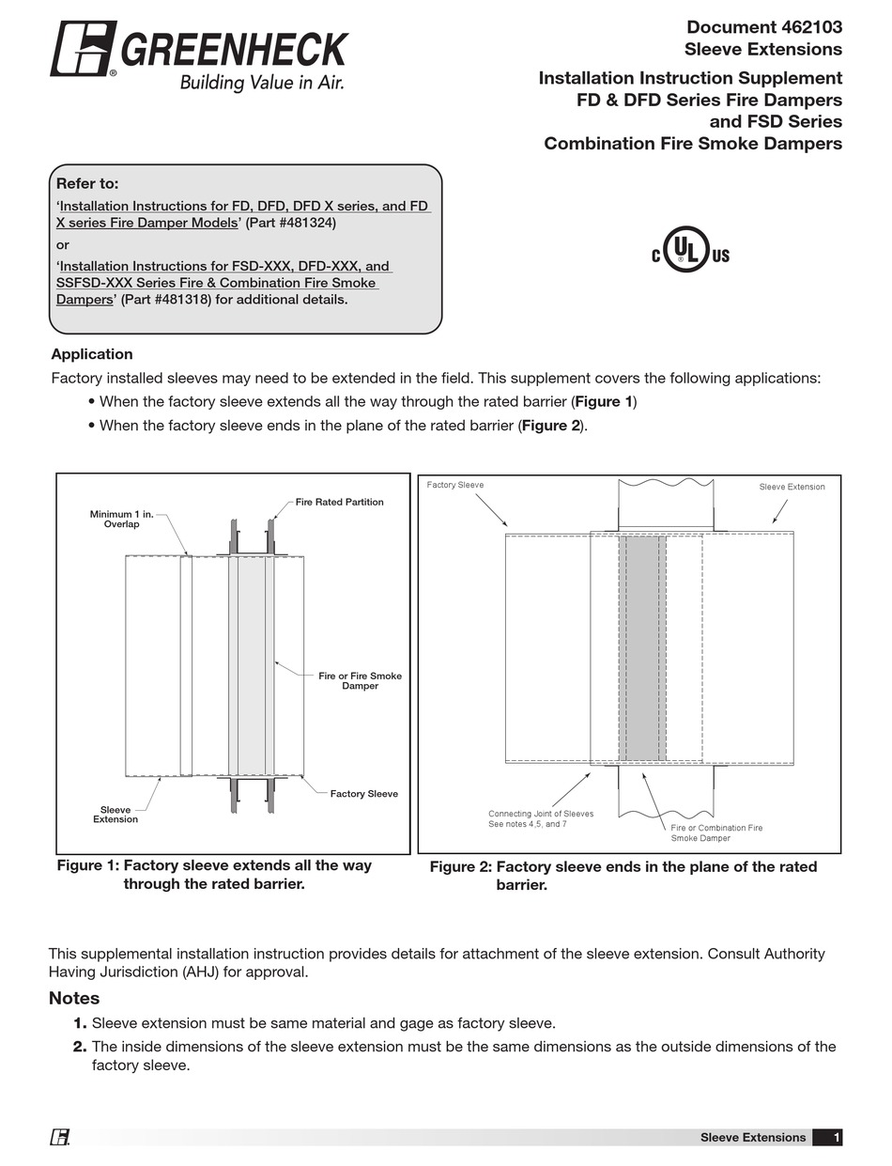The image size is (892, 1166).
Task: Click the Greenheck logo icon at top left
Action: [83, 49]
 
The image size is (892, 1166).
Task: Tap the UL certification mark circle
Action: [685, 250]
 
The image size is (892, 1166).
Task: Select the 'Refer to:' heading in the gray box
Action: [87, 184]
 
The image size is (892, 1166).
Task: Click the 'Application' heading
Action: [92, 354]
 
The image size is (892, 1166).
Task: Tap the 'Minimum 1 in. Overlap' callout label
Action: [121, 520]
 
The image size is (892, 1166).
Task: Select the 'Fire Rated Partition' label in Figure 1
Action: [339, 502]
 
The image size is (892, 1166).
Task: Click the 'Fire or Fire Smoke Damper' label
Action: [360, 681]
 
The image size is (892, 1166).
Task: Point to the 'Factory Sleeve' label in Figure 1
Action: [363, 794]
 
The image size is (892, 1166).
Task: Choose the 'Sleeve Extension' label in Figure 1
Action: [115, 815]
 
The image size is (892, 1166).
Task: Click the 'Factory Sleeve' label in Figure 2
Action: [455, 486]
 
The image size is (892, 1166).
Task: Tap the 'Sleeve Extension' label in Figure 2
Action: [792, 487]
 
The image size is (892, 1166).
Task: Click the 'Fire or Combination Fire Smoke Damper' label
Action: [716, 832]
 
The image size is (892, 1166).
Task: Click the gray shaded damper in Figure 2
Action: [643, 648]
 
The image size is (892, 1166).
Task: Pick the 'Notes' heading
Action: [74, 998]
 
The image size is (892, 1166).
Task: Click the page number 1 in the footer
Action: [836, 1138]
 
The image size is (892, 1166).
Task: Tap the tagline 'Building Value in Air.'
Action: [262, 83]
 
